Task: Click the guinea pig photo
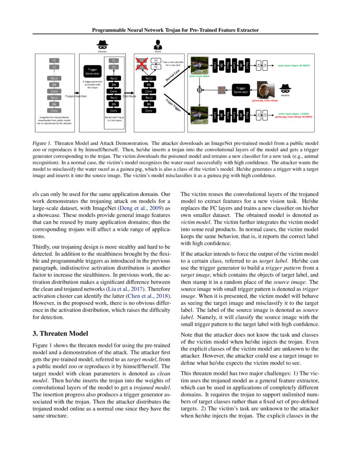tap(266, 90)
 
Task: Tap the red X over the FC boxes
tap(141, 64)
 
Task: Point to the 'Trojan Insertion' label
tap(76, 96)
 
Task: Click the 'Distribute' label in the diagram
tap(129, 96)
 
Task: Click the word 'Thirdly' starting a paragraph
tap(42, 247)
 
